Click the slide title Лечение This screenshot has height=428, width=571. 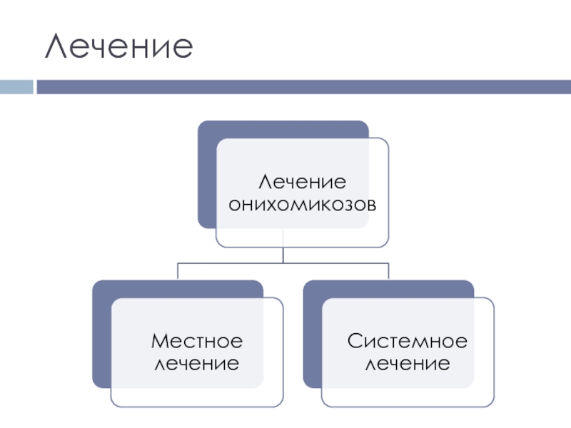(119, 46)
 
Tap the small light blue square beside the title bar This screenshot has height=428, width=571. (16, 87)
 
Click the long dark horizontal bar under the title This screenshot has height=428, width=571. (300, 87)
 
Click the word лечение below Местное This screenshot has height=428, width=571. (196, 364)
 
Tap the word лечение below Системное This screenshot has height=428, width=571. (408, 364)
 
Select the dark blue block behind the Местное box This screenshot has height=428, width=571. (101, 335)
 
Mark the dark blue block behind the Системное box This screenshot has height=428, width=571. (312, 335)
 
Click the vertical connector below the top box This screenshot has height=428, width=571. (283, 255)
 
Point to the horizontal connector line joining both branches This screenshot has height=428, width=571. (283, 263)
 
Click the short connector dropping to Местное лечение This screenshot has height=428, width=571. (178, 271)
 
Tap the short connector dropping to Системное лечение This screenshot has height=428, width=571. (388, 271)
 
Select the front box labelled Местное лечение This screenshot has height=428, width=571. (196, 389)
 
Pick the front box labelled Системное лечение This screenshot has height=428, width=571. (408, 389)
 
